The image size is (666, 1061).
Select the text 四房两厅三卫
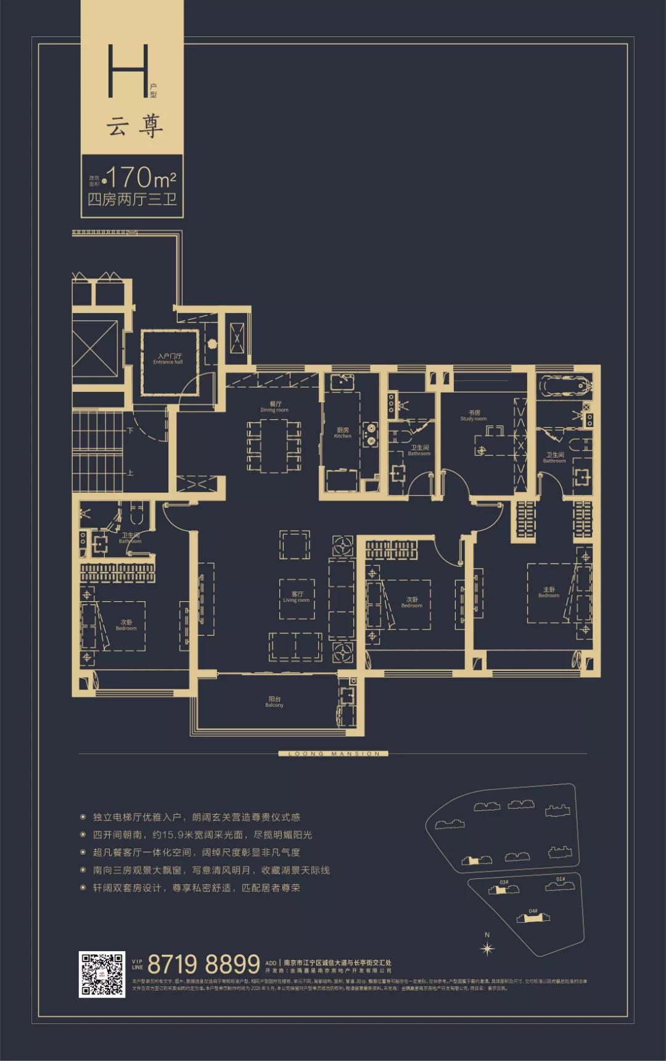pyautogui.click(x=132, y=199)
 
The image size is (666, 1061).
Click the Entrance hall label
pyautogui.click(x=168, y=359)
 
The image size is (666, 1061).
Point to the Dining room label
pyautogui.click(x=274, y=407)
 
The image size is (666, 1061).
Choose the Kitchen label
pyautogui.click(x=343, y=433)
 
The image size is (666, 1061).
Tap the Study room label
pyautogui.click(x=474, y=415)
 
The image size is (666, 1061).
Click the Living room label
pyautogui.click(x=297, y=597)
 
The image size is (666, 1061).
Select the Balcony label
pyautogui.click(x=274, y=702)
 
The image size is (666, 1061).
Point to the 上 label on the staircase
pyautogui.click(x=130, y=473)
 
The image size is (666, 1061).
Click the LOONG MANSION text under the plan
pyautogui.click(x=334, y=754)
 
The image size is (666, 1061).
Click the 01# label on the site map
pyautogui.click(x=560, y=879)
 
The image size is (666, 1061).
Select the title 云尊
pyautogui.click(x=135, y=127)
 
